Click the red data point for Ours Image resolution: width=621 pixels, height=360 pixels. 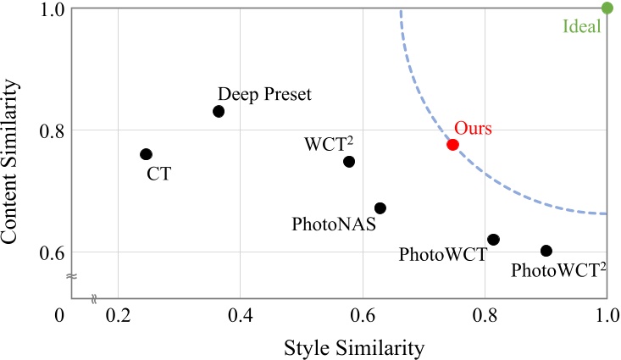pos(452,144)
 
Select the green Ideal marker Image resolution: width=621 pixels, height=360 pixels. pos(607,8)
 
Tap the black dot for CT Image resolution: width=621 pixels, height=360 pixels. pos(146,154)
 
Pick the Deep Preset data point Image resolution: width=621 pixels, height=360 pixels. pos(219,111)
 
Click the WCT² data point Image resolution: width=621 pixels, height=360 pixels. pos(349,161)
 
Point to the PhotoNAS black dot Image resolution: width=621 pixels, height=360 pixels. pos(380,208)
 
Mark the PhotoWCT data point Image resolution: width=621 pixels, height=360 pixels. pos(493,240)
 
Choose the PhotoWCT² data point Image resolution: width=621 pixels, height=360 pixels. pos(546,251)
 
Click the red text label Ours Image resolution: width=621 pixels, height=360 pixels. pos(473,128)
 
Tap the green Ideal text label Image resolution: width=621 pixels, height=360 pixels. pos(581,26)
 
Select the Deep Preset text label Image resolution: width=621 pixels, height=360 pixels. pos(264,93)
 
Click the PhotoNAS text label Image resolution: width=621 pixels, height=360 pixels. pos(334,225)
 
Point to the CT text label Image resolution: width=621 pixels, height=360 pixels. pos(158,175)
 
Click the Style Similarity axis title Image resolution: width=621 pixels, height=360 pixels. pos(343,346)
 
